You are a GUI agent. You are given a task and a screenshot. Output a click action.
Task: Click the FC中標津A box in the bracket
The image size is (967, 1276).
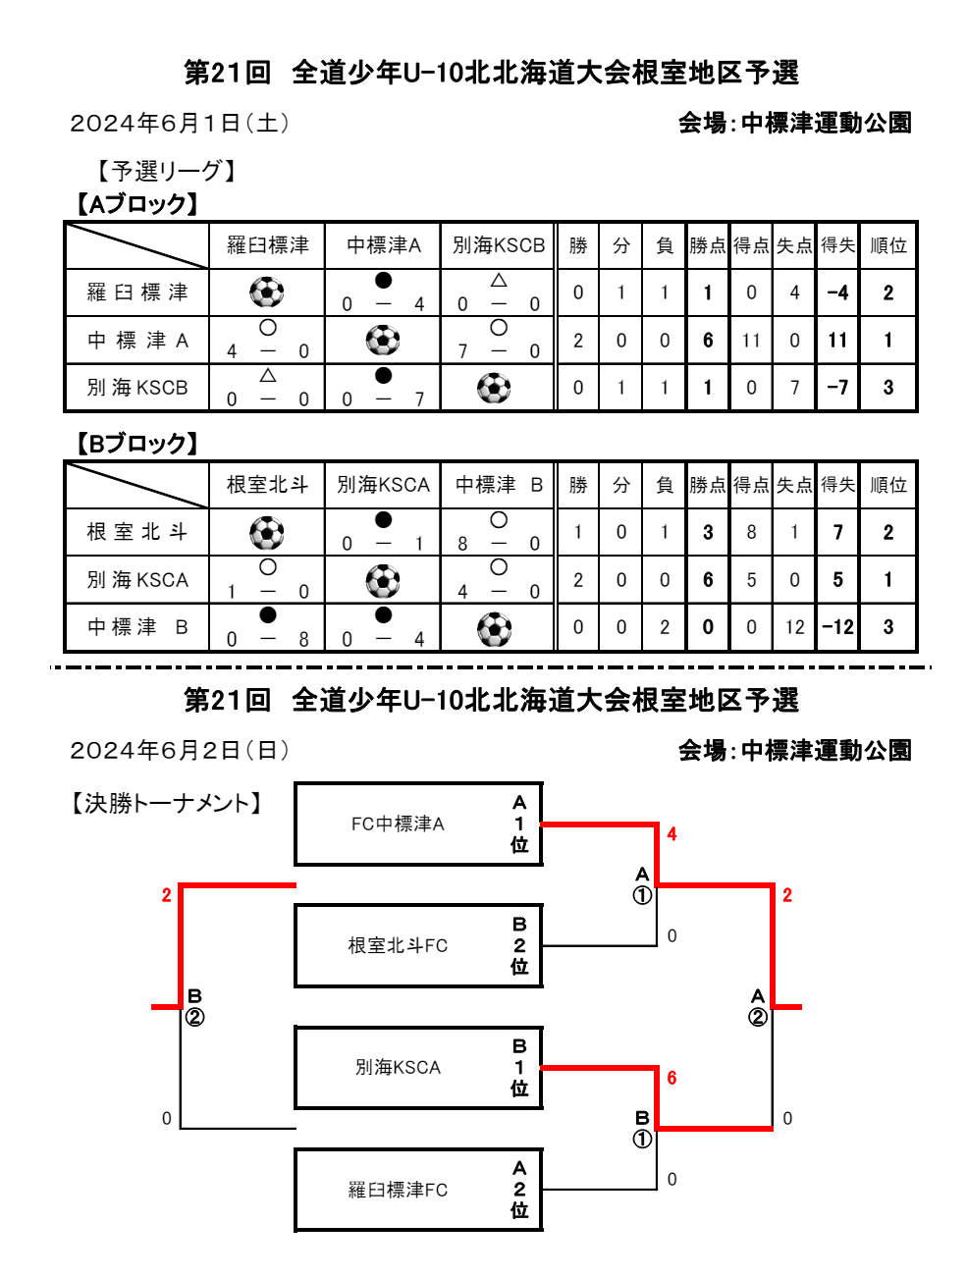click(418, 824)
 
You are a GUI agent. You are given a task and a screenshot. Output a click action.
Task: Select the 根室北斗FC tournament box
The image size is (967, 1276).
click(418, 945)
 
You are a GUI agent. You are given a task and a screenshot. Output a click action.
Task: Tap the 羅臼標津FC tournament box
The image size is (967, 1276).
click(418, 1190)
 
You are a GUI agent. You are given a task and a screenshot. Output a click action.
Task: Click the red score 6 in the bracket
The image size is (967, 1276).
click(672, 1078)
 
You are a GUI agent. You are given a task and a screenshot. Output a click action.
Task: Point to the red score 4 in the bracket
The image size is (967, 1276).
click(672, 834)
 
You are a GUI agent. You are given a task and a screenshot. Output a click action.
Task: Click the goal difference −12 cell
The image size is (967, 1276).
click(837, 626)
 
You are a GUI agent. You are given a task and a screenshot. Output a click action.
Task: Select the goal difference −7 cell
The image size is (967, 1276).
click(837, 387)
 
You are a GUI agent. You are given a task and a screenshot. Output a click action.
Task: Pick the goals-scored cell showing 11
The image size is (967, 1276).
click(751, 340)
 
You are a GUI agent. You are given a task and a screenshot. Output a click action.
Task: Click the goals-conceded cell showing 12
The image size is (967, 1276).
click(794, 626)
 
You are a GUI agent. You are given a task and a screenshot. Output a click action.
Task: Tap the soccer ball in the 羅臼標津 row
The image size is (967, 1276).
click(266, 292)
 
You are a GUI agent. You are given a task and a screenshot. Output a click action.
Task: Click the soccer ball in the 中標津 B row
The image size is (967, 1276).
click(494, 629)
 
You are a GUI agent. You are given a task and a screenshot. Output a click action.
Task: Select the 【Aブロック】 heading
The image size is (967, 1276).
click(137, 204)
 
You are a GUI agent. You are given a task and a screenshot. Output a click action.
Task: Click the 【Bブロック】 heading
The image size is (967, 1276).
click(137, 443)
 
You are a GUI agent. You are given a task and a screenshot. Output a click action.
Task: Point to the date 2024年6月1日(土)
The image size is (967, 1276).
click(180, 124)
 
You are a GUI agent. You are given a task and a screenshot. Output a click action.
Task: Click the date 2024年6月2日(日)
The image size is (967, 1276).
click(180, 751)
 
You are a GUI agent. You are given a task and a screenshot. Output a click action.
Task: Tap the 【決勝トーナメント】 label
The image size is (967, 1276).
click(166, 803)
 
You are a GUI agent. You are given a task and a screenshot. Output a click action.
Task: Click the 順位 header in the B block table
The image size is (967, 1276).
click(887, 484)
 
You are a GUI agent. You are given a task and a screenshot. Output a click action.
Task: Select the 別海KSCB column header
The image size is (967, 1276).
click(499, 245)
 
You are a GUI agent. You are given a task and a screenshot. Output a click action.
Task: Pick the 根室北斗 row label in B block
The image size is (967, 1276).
click(137, 531)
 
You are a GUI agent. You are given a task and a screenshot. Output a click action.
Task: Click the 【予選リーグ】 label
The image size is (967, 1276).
click(166, 171)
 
